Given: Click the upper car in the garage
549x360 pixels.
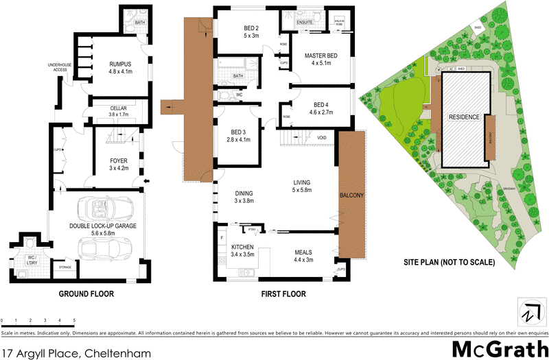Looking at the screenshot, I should [100, 207].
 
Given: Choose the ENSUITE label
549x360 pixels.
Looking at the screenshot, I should [304, 22].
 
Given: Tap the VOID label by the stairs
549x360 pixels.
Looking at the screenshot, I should [320, 137].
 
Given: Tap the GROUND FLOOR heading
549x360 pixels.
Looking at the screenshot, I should [86, 294].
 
